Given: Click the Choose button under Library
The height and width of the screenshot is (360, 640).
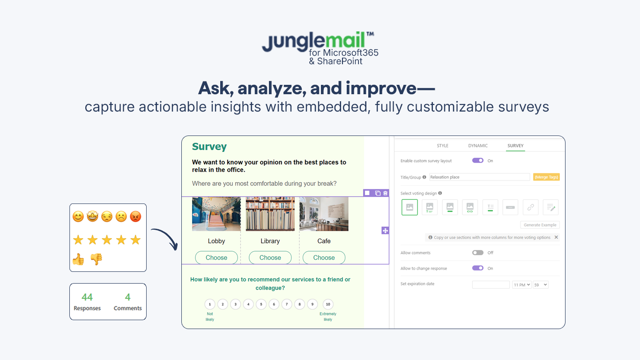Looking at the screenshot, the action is coord(270,257).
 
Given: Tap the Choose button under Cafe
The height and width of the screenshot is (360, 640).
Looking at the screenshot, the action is coord(324,257).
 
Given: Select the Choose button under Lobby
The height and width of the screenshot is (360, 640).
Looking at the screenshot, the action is coord(216,257).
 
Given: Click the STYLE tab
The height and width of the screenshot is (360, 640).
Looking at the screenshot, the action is coord(442,145).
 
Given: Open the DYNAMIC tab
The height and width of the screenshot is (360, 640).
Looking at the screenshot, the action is coord(478,145).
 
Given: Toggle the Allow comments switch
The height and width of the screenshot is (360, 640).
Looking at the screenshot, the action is coord(478,253).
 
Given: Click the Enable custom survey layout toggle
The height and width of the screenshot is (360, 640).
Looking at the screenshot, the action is coord(478,160).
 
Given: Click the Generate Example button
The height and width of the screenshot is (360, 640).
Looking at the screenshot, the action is coord(540,225).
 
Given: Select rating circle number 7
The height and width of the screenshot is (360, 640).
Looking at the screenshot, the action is coord(287,304).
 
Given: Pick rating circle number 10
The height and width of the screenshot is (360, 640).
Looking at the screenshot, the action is coord(328,304).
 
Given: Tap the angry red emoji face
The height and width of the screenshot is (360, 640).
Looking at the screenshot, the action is coord(135,217).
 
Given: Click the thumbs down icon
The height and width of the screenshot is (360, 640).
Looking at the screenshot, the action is coord(97,259).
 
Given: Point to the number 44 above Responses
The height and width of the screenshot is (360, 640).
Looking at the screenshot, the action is coord(87,297).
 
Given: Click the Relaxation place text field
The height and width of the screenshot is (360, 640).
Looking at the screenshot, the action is coord(479,177).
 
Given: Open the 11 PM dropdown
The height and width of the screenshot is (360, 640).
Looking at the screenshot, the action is coord(521,285).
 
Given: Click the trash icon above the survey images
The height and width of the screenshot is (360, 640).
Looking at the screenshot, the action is coord(385,193).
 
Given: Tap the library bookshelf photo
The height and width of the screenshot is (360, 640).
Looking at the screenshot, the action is coord(270,214).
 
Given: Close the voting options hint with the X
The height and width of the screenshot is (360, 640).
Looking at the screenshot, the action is coord(556,237).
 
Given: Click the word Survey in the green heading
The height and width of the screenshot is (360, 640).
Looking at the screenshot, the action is coord(209,146).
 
